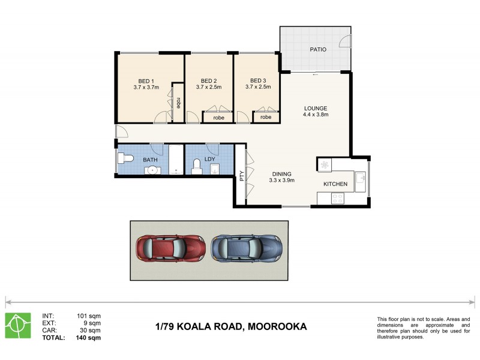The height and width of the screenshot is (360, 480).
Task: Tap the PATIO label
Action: [317, 49]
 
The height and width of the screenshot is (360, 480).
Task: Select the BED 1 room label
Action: [146, 81]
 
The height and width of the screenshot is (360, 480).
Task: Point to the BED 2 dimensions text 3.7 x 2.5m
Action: [208, 88]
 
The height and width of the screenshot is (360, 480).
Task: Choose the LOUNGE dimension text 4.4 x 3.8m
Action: [315, 115]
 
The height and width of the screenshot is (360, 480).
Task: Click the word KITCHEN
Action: [335, 184]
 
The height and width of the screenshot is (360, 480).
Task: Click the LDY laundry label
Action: [209, 160]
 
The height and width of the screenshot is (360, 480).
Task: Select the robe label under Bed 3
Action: [265, 118]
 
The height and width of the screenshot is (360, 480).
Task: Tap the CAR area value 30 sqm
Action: [89, 330]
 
